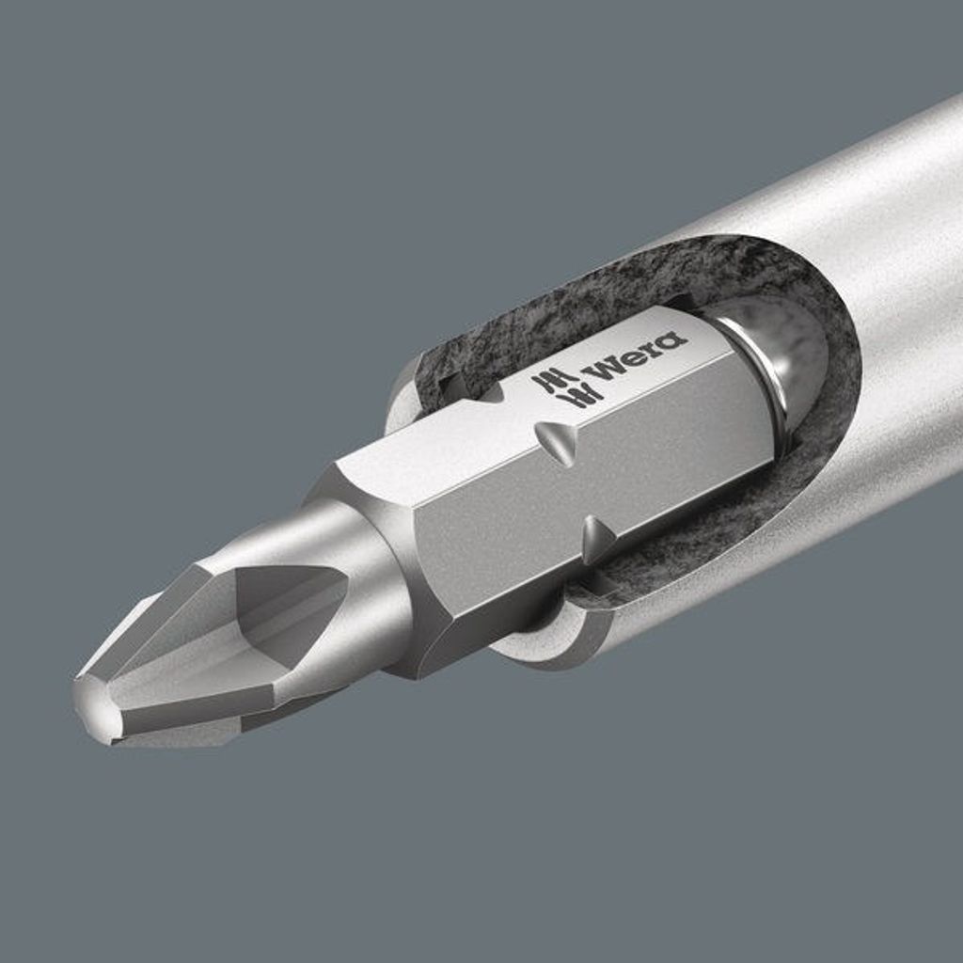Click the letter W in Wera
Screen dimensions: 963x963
pos(605,371)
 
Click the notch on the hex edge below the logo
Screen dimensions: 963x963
pos(557,440)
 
